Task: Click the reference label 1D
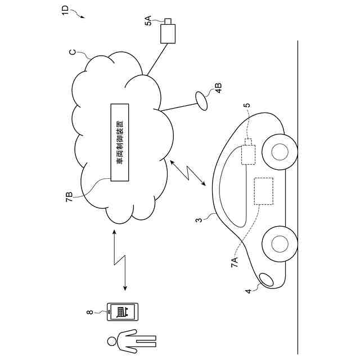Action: [65, 10]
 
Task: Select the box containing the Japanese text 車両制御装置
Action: [119, 142]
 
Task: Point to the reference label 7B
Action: [69, 196]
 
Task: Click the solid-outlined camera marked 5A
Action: [168, 33]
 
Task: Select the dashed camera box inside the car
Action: [247, 154]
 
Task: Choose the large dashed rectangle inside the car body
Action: [264, 191]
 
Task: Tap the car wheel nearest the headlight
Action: [279, 243]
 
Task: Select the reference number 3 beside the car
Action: [199, 220]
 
